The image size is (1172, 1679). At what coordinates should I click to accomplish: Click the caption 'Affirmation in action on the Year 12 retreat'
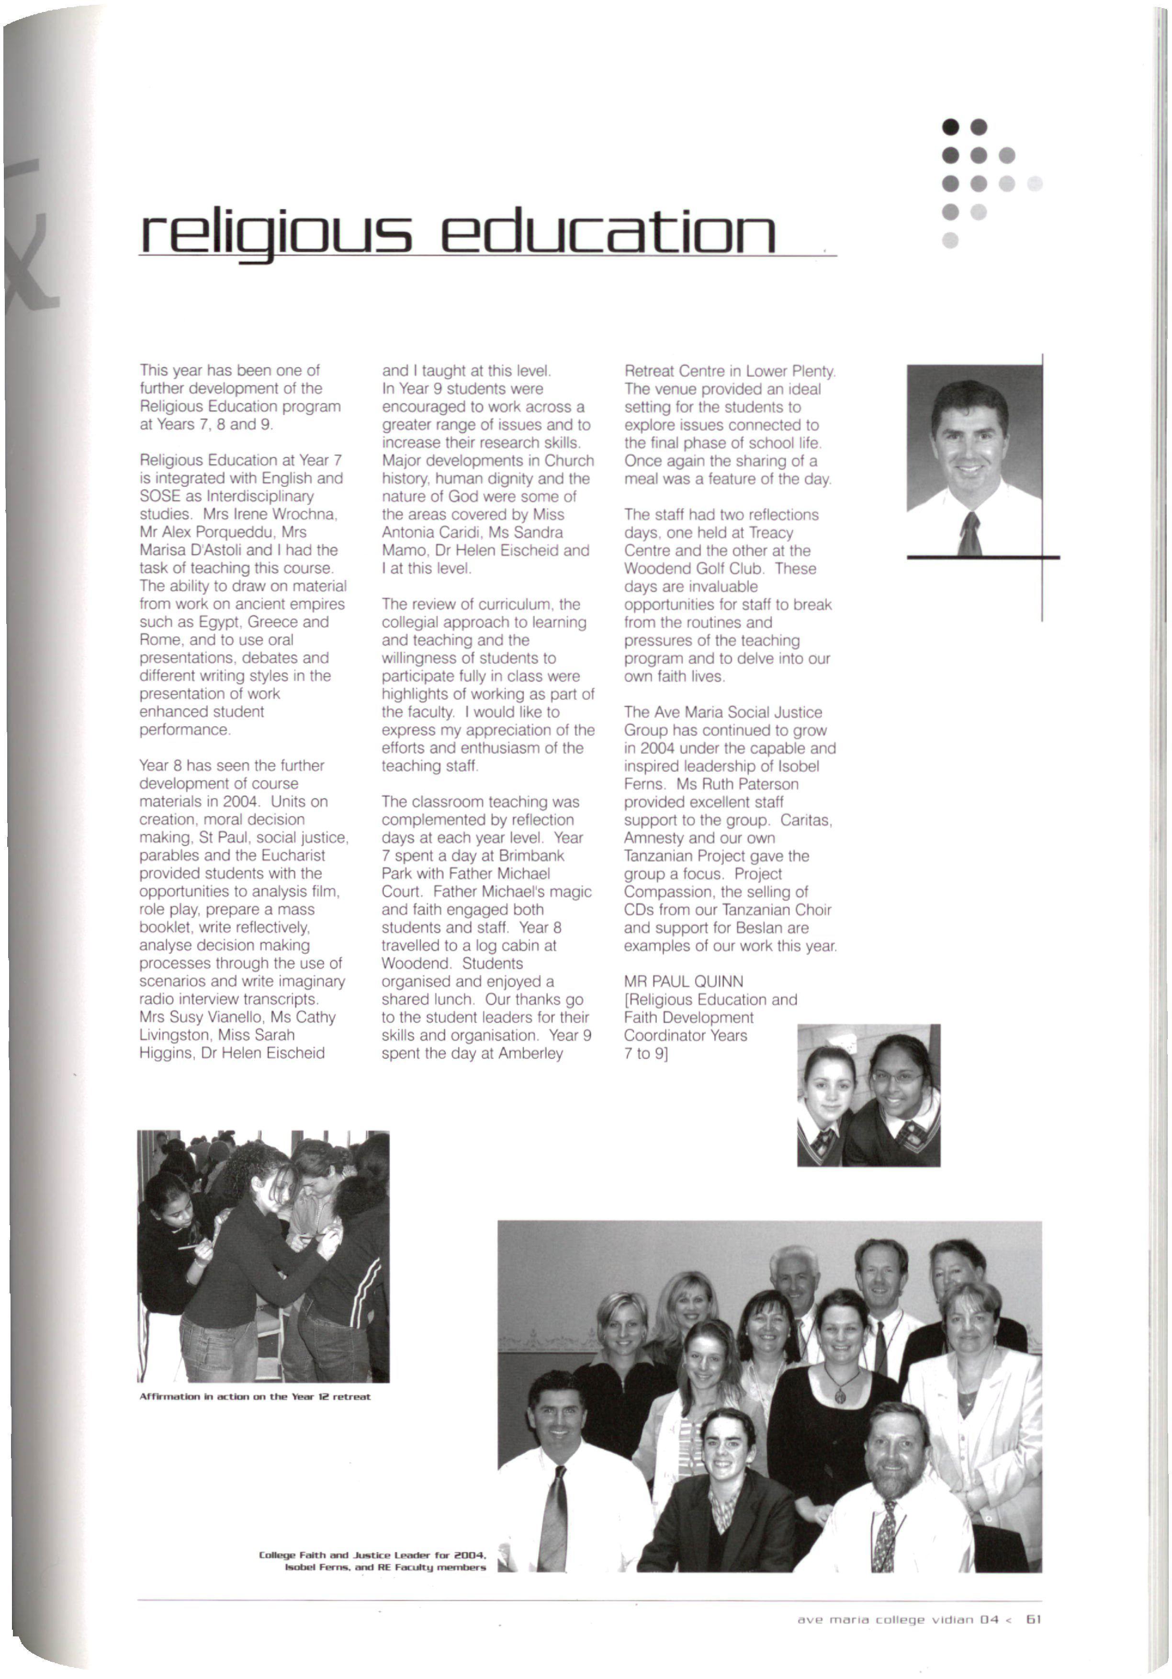click(254, 1396)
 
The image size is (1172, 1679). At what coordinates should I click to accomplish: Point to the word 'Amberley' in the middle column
click(531, 1053)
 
